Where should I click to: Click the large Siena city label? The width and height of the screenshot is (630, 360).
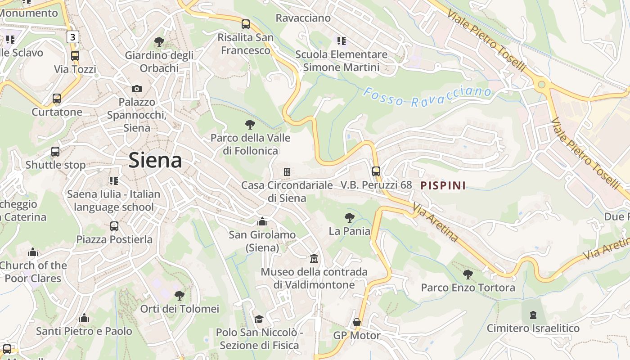pyautogui.click(x=155, y=160)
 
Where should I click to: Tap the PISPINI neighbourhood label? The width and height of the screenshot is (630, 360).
pyautogui.click(x=443, y=185)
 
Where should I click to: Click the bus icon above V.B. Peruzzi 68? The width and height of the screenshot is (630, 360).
pyautogui.click(x=376, y=171)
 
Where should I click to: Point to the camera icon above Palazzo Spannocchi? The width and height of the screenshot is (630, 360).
pyautogui.click(x=137, y=89)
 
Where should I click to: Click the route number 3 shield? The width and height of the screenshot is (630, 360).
pyautogui.click(x=73, y=37)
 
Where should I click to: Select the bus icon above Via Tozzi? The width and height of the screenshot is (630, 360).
pyautogui.click(x=75, y=56)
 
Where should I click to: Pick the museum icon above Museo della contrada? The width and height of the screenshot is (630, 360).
pyautogui.click(x=314, y=259)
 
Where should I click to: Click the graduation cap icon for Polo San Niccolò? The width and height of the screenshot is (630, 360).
pyautogui.click(x=259, y=319)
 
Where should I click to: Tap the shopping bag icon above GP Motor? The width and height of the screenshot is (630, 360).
pyautogui.click(x=357, y=322)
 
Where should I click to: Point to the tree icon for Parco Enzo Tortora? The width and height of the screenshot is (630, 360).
pyautogui.click(x=468, y=274)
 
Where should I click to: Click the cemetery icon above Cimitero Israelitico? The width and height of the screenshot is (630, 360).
pyautogui.click(x=533, y=315)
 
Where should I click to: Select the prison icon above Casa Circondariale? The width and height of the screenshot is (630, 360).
pyautogui.click(x=287, y=172)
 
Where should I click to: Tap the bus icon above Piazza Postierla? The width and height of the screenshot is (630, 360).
pyautogui.click(x=114, y=226)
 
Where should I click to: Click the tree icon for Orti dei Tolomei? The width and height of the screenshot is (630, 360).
pyautogui.click(x=180, y=296)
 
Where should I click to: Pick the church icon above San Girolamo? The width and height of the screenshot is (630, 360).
pyautogui.click(x=262, y=221)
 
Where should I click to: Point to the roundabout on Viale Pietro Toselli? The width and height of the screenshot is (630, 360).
pyautogui.click(x=541, y=84)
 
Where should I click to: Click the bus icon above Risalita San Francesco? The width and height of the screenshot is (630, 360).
pyautogui.click(x=246, y=24)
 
